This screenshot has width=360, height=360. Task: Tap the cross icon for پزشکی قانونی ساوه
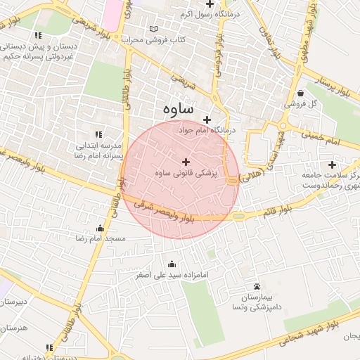pos(186,162)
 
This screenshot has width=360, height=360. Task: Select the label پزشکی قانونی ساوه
pos(186,173)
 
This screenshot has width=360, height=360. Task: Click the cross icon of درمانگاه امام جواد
pos(207,120)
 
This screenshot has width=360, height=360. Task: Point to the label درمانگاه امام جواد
pos(207,131)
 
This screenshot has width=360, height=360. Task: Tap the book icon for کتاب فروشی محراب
pos(154,29)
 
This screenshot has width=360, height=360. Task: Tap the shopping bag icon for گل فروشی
pos(300,93)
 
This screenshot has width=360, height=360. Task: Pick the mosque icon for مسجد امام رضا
pos(100,228)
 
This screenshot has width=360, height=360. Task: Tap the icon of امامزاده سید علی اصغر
pos(173,264)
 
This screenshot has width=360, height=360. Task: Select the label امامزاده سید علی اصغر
pos(173,275)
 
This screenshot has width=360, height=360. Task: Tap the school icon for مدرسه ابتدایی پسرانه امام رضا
pos(98,134)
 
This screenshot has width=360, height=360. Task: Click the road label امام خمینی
pos(323,137)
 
